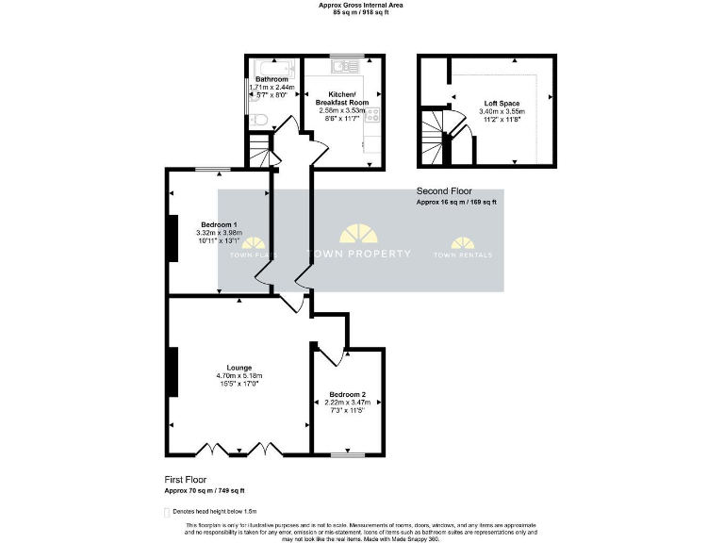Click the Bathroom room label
(272, 79)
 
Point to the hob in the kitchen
(373, 115)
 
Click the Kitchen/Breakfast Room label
(341, 98)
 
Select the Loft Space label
(502, 103)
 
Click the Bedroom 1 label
(219, 224)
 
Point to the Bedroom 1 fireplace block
(172, 239)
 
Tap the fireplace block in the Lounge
(172, 371)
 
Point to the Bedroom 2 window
(347, 455)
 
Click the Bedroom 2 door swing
(332, 353)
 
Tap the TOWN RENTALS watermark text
(462, 255)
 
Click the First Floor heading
(186, 479)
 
